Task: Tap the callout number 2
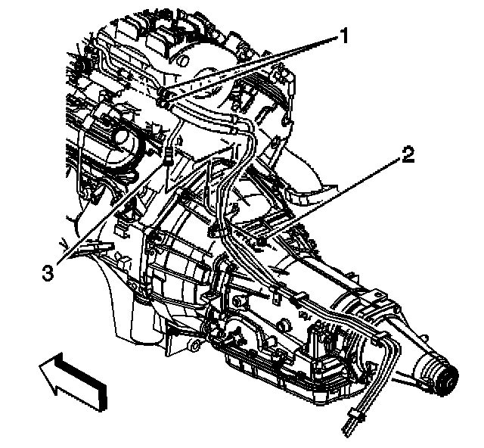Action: coord(408,157)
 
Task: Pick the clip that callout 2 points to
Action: coord(261,241)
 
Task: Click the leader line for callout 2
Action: coord(333,200)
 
